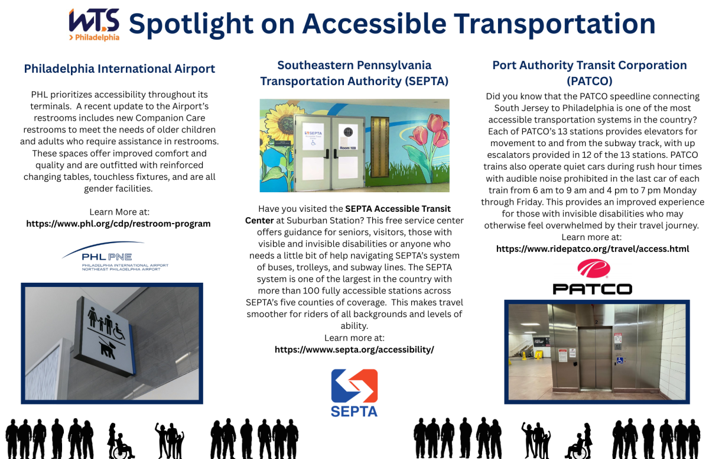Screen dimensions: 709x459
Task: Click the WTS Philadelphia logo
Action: click(95, 25)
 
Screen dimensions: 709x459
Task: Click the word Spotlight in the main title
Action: click(191, 25)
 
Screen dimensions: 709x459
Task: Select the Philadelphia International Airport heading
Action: click(119, 69)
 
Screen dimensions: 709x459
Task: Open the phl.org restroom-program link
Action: click(118, 224)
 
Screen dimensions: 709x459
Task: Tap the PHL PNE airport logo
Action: click(115, 256)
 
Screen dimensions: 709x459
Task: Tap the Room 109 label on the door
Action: click(348, 148)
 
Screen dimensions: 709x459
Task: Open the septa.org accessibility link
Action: click(354, 350)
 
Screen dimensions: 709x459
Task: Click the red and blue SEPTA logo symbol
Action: click(354, 386)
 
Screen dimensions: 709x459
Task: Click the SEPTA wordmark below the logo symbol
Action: click(354, 411)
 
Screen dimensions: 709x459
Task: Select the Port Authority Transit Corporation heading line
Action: click(590, 65)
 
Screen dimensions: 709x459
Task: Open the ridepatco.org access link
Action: click(593, 249)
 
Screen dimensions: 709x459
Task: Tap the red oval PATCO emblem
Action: click(594, 269)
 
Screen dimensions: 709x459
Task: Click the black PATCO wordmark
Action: click(593, 289)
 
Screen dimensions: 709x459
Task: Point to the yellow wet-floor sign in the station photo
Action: click(538, 355)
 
